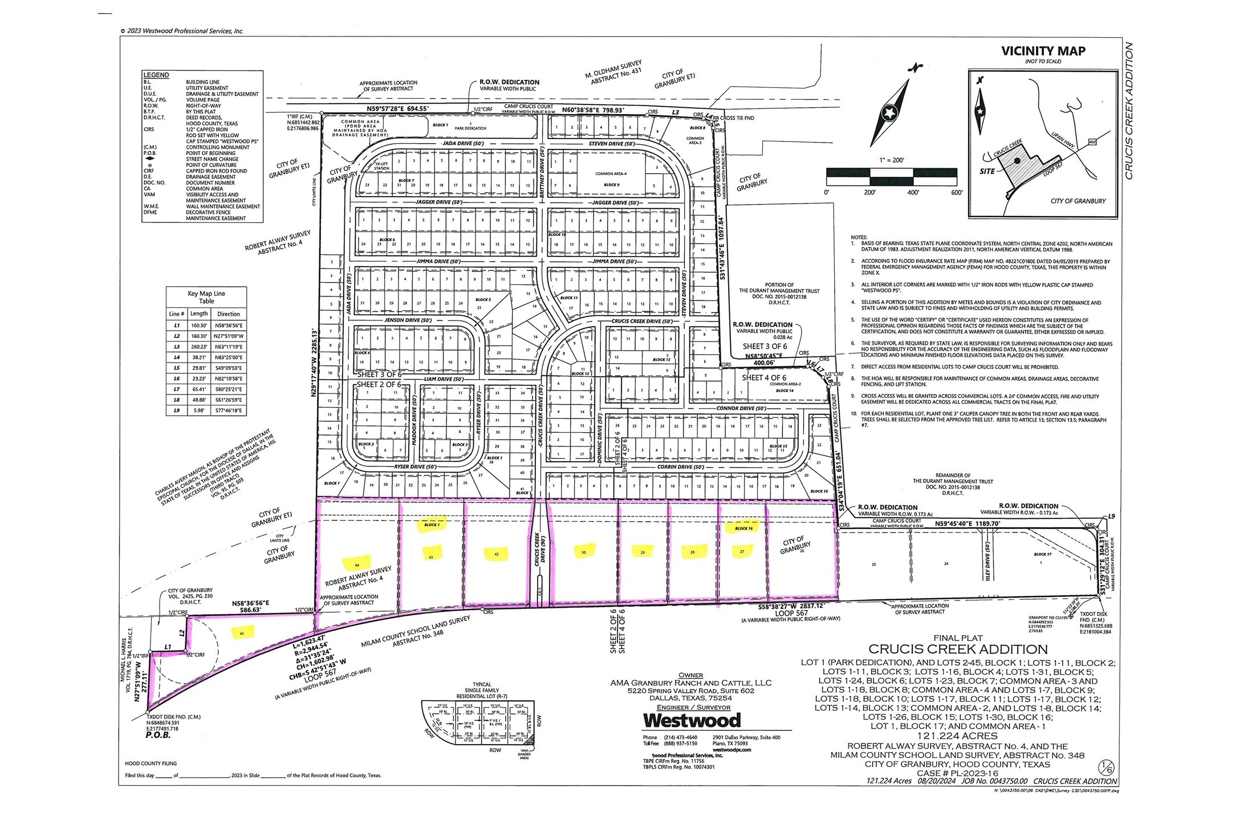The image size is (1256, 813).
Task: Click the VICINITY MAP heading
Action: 1043,51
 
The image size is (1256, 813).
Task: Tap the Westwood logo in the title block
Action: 692,721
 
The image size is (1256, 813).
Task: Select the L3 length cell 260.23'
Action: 199,347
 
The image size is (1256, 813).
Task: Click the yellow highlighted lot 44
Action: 357,564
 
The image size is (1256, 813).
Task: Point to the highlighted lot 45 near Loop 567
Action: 242,633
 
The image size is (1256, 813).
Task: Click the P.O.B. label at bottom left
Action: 158,735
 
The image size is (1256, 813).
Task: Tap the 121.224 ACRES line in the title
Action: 957,736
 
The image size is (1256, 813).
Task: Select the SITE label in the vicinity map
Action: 987,172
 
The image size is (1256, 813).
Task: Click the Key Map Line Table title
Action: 206,297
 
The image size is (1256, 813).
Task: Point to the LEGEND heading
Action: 156,75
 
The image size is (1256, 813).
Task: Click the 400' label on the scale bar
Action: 913,193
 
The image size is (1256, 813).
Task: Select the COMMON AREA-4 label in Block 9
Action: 611,174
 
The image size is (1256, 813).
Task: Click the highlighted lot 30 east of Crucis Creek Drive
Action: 583,552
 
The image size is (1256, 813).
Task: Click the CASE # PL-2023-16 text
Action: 957,773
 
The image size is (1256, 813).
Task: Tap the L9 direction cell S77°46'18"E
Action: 228,410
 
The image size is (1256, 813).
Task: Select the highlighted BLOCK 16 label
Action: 743,528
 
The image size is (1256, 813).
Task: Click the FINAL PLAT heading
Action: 958,638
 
